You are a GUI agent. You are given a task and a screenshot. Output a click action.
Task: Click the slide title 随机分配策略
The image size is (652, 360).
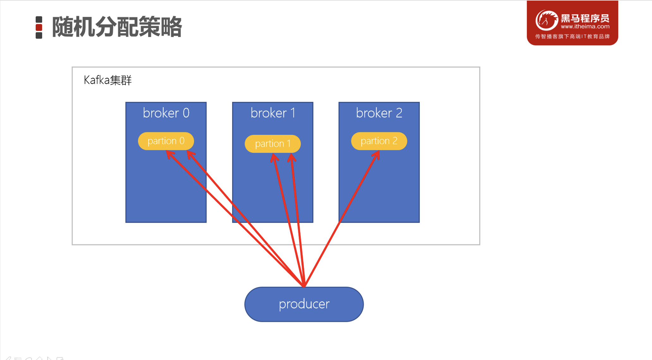tap(117, 27)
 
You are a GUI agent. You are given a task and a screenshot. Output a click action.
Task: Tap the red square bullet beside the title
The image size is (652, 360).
tap(39, 27)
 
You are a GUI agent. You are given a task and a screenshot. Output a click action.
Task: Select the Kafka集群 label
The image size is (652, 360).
tap(107, 80)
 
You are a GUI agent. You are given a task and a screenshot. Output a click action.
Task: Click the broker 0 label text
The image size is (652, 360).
tap(166, 113)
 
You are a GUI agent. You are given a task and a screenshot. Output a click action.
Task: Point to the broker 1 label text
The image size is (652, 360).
tap(273, 113)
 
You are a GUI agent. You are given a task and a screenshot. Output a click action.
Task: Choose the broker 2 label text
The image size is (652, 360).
tap(379, 113)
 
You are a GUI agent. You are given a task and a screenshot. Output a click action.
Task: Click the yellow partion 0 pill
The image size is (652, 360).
tap(166, 141)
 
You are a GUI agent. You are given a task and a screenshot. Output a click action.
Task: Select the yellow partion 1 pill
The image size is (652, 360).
tap(273, 144)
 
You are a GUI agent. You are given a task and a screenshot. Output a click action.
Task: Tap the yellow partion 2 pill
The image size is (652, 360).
tap(379, 141)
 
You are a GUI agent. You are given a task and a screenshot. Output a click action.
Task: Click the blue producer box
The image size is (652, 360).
tap(304, 304)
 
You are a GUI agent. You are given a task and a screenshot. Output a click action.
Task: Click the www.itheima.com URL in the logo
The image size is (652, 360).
tap(585, 27)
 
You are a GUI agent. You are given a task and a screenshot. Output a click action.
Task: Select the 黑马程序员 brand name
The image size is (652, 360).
tap(585, 18)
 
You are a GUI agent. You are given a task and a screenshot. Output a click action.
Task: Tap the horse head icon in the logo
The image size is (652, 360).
tap(546, 20)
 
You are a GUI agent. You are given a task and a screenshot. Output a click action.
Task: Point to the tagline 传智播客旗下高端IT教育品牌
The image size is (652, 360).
tap(572, 37)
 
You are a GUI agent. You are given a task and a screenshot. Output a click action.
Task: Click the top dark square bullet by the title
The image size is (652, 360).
tap(39, 20)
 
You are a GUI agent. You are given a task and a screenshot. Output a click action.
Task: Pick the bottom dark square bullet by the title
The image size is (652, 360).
tap(39, 35)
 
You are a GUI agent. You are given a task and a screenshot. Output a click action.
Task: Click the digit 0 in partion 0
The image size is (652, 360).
tap(182, 141)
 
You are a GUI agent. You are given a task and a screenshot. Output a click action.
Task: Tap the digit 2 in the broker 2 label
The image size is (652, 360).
tap(399, 113)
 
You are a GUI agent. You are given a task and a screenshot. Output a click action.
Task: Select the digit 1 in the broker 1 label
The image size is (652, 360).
tap(293, 113)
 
